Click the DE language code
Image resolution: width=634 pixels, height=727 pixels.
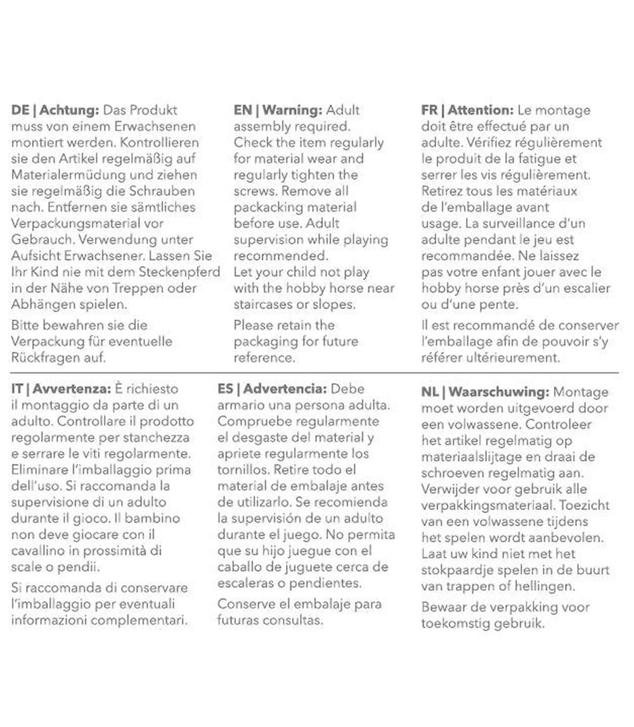click(x=20, y=110)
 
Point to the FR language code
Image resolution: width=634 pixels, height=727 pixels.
click(x=429, y=110)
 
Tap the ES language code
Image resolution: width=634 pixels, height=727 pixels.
click(x=225, y=389)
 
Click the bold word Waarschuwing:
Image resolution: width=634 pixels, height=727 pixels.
click(x=500, y=393)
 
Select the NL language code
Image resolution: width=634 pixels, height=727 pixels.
click(x=430, y=393)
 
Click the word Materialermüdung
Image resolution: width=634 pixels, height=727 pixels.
click(x=59, y=175)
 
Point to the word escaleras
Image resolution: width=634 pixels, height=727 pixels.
click(x=247, y=583)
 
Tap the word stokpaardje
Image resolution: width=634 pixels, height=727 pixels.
click(x=456, y=571)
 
